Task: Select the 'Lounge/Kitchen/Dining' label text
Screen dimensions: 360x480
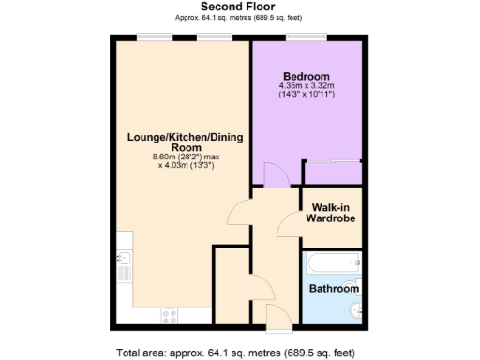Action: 186,138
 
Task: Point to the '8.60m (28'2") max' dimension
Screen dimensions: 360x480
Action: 186,157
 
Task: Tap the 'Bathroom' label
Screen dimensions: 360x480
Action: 335,289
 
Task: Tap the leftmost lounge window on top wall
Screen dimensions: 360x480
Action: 151,37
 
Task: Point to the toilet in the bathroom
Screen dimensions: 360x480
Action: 352,312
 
